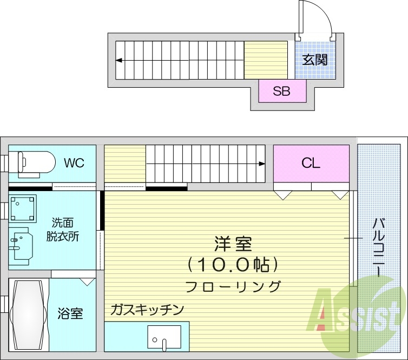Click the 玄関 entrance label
[314, 60]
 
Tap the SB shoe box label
[281, 91]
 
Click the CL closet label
[311, 163]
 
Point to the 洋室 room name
[234, 244]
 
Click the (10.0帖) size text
[233, 265]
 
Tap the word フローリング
[233, 286]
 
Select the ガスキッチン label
[147, 310]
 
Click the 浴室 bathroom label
[70, 313]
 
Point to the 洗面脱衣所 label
[65, 229]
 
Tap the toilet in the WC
[32, 162]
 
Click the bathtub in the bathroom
[27, 315]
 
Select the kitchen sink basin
[164, 337]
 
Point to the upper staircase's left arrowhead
[118, 60]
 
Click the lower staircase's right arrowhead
[262, 163]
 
